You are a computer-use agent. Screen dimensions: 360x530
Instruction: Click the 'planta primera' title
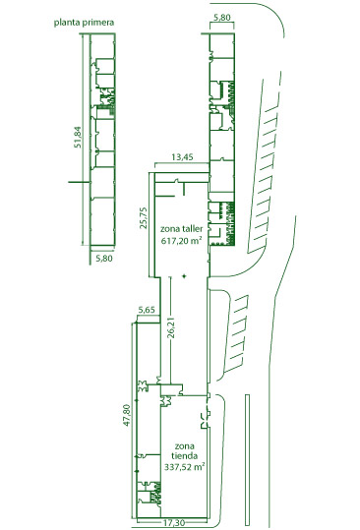pyautogui.click(x=84, y=23)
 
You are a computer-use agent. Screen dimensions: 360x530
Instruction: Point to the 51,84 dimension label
pyautogui.click(x=78, y=137)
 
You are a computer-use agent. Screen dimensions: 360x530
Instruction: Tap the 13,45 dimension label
pyautogui.click(x=182, y=157)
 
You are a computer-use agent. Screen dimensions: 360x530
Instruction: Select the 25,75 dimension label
pyautogui.click(x=144, y=217)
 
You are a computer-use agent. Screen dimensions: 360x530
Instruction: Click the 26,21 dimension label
pyautogui.click(x=171, y=327)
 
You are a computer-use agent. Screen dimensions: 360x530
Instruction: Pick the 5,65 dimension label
pyautogui.click(x=147, y=310)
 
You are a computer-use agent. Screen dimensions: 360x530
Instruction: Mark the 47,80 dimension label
pyautogui.click(x=127, y=415)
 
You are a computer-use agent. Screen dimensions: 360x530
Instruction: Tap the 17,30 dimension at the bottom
pyautogui.click(x=174, y=523)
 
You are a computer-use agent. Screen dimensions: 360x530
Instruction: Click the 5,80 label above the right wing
pyautogui.click(x=222, y=18)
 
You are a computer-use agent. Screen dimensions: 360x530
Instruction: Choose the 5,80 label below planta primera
pyautogui.click(x=104, y=259)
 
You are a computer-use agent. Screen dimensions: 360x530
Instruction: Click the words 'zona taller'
pyautogui.click(x=182, y=229)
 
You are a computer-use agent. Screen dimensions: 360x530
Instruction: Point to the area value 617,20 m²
pyautogui.click(x=182, y=241)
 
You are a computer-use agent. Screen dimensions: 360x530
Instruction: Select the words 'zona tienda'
pyautogui.click(x=184, y=451)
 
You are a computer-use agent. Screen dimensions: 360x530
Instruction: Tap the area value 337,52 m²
pyautogui.click(x=184, y=467)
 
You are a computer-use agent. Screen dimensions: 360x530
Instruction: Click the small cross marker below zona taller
pyautogui.click(x=184, y=276)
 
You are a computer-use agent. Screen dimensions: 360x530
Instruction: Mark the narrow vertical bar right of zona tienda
pyautogui.click(x=247, y=460)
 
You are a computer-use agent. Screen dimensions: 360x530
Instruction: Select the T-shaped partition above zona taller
pyautogui.click(x=183, y=189)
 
